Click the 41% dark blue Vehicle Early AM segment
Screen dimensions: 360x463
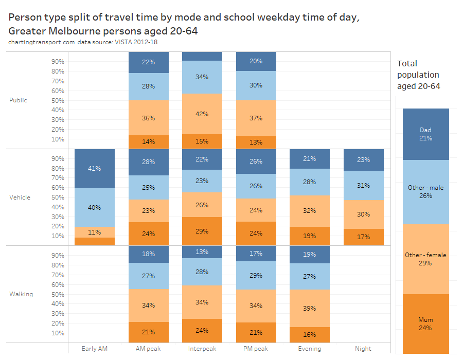[x=95, y=168]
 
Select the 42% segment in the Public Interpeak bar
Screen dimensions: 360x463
[x=202, y=114]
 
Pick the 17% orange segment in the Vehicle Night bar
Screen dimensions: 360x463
[x=363, y=237]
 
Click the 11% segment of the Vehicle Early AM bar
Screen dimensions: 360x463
[x=95, y=232]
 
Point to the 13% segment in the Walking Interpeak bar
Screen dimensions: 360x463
[x=202, y=252]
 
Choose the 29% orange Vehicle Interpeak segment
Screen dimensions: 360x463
[x=202, y=231]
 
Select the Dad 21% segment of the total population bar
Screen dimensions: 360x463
[x=425, y=134]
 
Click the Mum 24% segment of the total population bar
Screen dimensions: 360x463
[x=425, y=323]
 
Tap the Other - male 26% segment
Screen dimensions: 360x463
[x=425, y=191]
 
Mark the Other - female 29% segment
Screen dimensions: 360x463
[x=425, y=259]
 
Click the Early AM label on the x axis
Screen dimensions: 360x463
[x=95, y=348]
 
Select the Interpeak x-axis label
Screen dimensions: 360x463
[x=202, y=348]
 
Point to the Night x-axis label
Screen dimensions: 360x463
[x=363, y=348]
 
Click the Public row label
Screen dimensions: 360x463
[x=18, y=100]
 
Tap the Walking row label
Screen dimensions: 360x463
[x=21, y=294]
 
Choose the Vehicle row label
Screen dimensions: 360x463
[x=20, y=197]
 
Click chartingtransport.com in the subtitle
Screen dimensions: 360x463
[x=42, y=42]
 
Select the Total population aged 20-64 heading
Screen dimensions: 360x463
[x=419, y=75]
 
